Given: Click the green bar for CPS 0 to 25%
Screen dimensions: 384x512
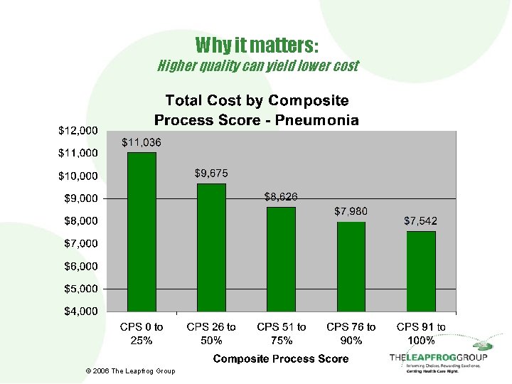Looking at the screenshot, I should (x=142, y=232).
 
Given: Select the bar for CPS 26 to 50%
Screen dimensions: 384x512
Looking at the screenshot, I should (x=211, y=247).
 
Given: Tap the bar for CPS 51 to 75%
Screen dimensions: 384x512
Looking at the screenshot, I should (x=281, y=260).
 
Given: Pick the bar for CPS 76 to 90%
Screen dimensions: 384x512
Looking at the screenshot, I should (x=351, y=267).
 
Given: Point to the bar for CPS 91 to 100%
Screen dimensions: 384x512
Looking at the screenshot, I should (x=420, y=272).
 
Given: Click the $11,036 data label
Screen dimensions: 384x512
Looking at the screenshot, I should (x=142, y=142).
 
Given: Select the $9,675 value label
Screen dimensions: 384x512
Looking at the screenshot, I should (x=211, y=173).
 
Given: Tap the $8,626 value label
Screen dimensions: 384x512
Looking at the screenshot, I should (x=281, y=196).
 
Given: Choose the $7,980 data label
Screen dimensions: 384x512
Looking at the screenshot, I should (x=351, y=211).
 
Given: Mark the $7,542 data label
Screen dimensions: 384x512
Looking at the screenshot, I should (x=420, y=221).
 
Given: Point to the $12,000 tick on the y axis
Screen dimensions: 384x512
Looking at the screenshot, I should (x=78, y=131).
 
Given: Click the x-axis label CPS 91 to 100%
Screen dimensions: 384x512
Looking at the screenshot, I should (x=420, y=334).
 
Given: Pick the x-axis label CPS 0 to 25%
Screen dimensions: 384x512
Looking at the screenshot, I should (x=142, y=334).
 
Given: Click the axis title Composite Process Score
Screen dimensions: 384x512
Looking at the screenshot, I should (x=281, y=358).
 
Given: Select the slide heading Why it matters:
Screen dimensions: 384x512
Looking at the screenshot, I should (x=257, y=46).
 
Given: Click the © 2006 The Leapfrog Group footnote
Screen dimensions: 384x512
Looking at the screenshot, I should (x=129, y=371).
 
